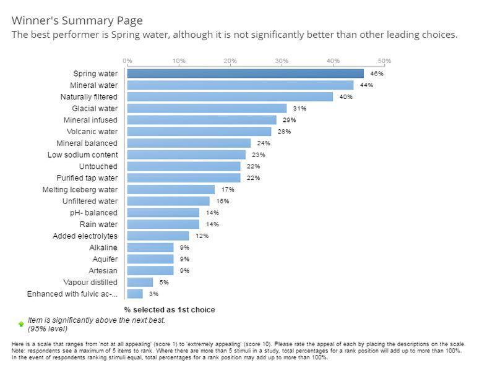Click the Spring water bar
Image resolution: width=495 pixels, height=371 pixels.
246,74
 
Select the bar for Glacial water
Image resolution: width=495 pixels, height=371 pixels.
207,108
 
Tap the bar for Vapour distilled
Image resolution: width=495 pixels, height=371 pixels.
140,282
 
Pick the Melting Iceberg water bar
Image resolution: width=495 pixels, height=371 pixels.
171,189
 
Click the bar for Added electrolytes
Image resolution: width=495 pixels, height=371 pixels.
158,236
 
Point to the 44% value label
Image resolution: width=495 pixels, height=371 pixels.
366,85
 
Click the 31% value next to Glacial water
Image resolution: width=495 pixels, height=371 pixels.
299,108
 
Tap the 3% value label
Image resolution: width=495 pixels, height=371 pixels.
153,294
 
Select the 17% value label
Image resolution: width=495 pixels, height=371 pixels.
228,189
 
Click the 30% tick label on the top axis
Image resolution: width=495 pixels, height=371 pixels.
282,61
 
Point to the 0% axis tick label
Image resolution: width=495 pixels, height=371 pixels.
127,61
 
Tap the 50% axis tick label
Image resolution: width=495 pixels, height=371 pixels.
384,61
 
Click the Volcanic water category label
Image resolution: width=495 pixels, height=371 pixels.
92,132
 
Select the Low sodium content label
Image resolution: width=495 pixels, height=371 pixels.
83,155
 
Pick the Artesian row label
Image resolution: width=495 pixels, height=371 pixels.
103,271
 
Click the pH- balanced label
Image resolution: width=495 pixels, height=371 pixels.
94,213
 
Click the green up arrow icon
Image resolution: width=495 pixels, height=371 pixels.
21,324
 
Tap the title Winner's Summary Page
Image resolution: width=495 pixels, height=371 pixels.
77,20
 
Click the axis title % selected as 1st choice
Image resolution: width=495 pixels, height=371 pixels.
170,310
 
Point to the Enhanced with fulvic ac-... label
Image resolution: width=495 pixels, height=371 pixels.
72,294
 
